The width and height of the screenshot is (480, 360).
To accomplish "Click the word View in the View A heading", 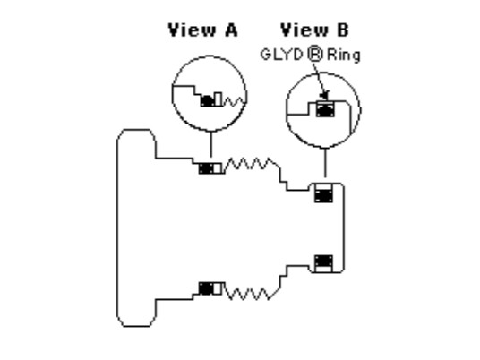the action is coord(192,30).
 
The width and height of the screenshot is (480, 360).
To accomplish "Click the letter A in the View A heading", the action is coord(231,30).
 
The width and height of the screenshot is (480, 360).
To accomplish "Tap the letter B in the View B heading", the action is coord(343,30).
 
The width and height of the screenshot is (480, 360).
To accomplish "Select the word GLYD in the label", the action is coord(281,56).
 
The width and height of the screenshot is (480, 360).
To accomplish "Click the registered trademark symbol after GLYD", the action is coord(315,55).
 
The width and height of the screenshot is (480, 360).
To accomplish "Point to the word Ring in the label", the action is coord(344,56).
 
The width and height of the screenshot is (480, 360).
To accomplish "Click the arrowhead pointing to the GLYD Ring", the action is coord(325,95).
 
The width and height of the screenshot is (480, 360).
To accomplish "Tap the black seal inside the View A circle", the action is coord(208,100).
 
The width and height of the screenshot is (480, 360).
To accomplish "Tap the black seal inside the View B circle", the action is coord(325,110).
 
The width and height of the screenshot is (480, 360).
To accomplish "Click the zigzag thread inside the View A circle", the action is coord(235,102).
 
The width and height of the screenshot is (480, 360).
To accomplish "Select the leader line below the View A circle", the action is coord(210,144).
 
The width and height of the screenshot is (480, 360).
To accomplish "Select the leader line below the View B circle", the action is coord(325,163).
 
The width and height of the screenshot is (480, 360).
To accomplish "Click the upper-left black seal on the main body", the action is coord(206,168).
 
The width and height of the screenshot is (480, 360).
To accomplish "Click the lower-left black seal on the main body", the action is coord(206,288).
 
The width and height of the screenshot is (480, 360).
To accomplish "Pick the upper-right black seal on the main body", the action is coord(323,196).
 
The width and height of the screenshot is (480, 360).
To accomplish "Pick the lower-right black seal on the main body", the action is coord(323,261).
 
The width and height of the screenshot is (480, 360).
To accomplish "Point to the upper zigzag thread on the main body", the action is coord(252,164).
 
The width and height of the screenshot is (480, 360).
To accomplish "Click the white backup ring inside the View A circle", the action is coord(219,99).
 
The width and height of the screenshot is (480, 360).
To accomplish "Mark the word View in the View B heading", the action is coord(304,30).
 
